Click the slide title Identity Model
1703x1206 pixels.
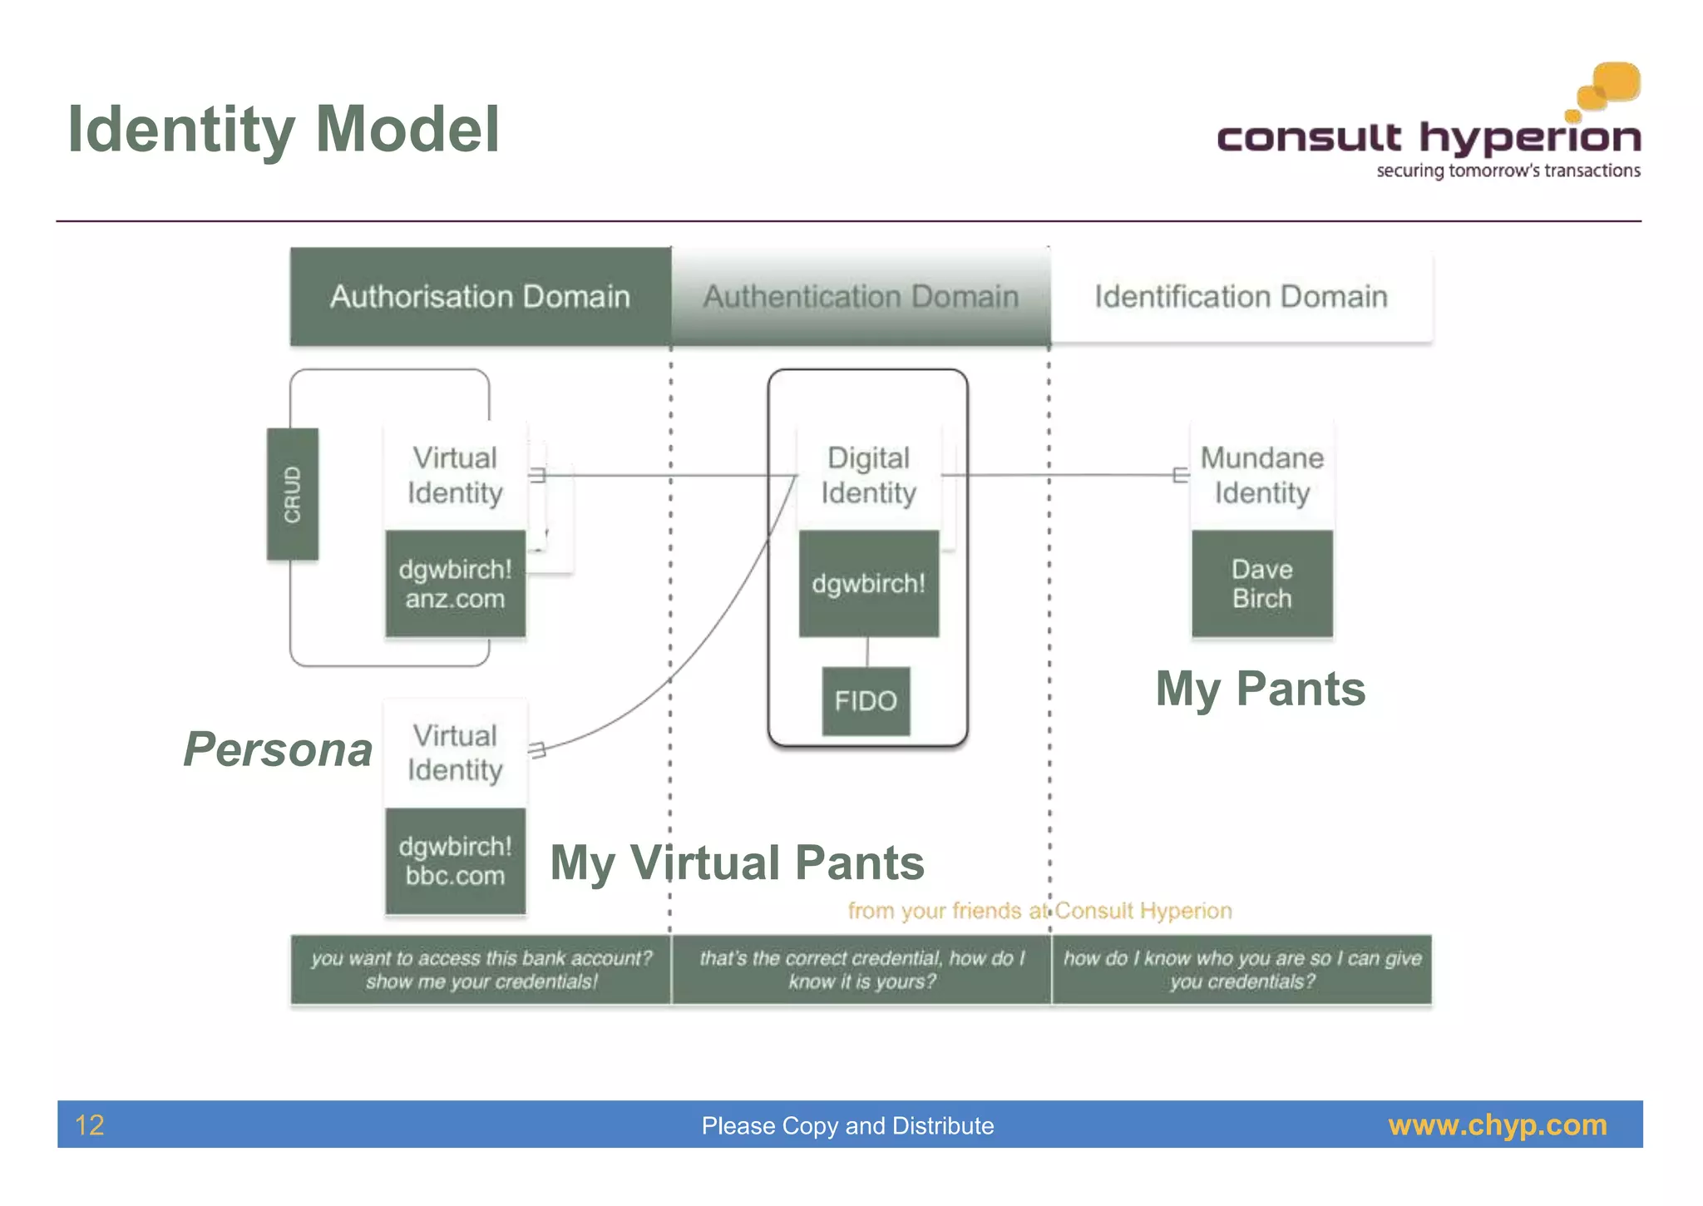pos(284,130)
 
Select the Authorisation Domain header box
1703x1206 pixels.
pos(480,296)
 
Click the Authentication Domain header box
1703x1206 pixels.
pos(861,296)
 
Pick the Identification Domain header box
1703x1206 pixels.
pos(1241,296)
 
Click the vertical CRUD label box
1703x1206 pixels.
pos(292,494)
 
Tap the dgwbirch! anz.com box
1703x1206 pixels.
pos(455,584)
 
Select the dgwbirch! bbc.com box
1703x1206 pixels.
pos(455,861)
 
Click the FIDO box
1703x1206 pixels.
pos(866,701)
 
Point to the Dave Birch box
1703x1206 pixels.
pos(1261,584)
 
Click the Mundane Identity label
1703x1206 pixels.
pos(1261,475)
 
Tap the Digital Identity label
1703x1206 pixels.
pos(868,475)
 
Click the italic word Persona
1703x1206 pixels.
pos(278,749)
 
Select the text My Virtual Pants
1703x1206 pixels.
pos(737,862)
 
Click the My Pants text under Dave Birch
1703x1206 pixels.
pos(1260,689)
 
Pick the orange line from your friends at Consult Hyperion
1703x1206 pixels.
pos(1039,911)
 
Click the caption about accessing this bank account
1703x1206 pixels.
pos(481,970)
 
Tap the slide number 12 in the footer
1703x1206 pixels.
pos(89,1125)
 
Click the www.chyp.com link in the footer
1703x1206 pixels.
pos(1497,1125)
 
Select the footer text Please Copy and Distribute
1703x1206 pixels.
pos(847,1125)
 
